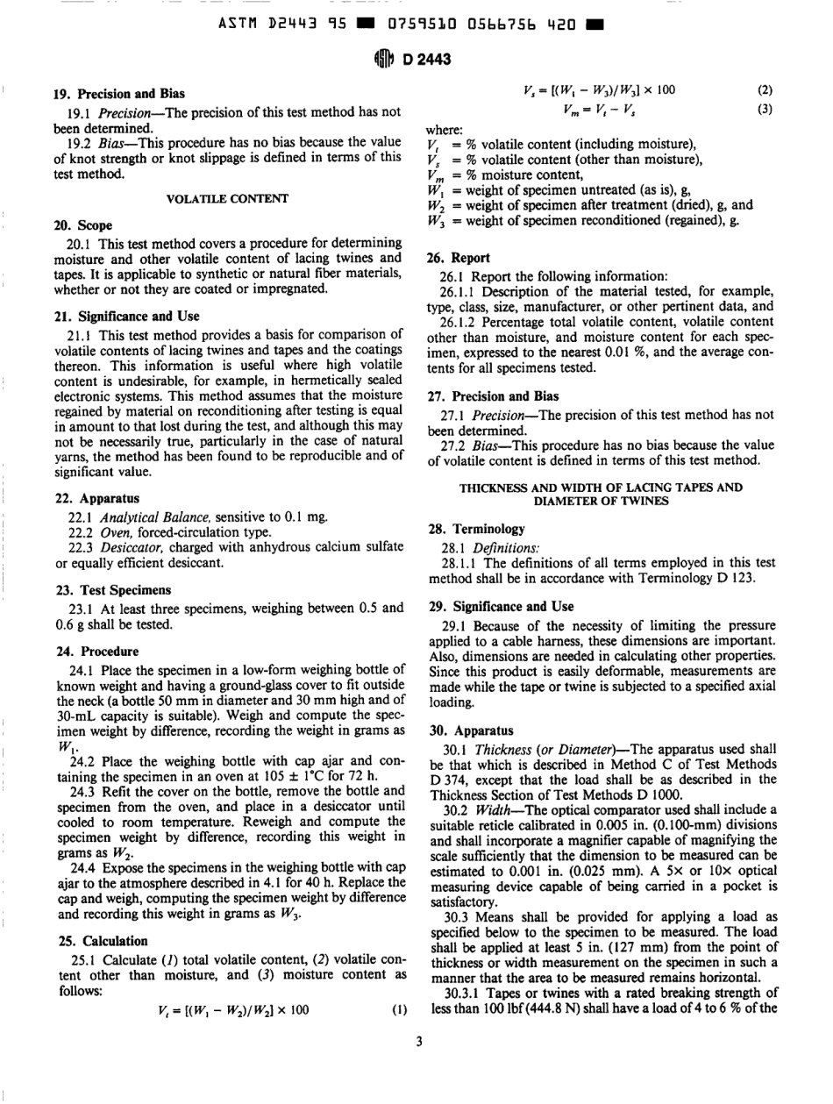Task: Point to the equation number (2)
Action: [x=763, y=90]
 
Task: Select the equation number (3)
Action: [x=763, y=110]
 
